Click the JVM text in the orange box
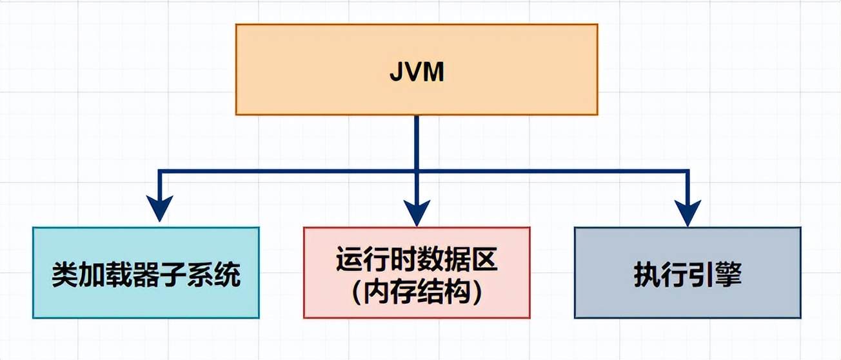click(417, 72)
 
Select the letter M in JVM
click(434, 72)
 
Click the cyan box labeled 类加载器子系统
click(146, 272)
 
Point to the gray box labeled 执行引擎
click(688, 272)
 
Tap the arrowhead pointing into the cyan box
click(159, 209)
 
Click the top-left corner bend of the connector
click(160, 172)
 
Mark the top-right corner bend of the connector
click(688, 172)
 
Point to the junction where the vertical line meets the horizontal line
click(417, 172)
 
